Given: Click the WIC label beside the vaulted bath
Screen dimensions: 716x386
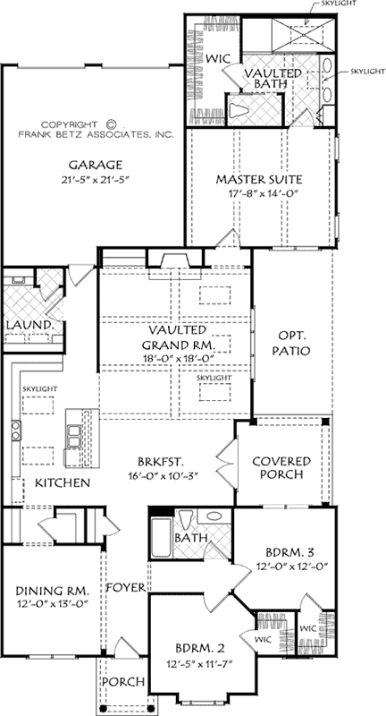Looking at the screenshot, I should click(x=218, y=58).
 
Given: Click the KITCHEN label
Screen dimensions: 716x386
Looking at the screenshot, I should click(x=62, y=483).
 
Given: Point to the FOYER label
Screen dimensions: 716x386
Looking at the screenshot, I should click(x=122, y=588).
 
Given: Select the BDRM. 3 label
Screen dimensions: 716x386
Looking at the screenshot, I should click(x=286, y=552).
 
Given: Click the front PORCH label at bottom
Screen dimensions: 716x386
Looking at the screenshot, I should click(x=122, y=682).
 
